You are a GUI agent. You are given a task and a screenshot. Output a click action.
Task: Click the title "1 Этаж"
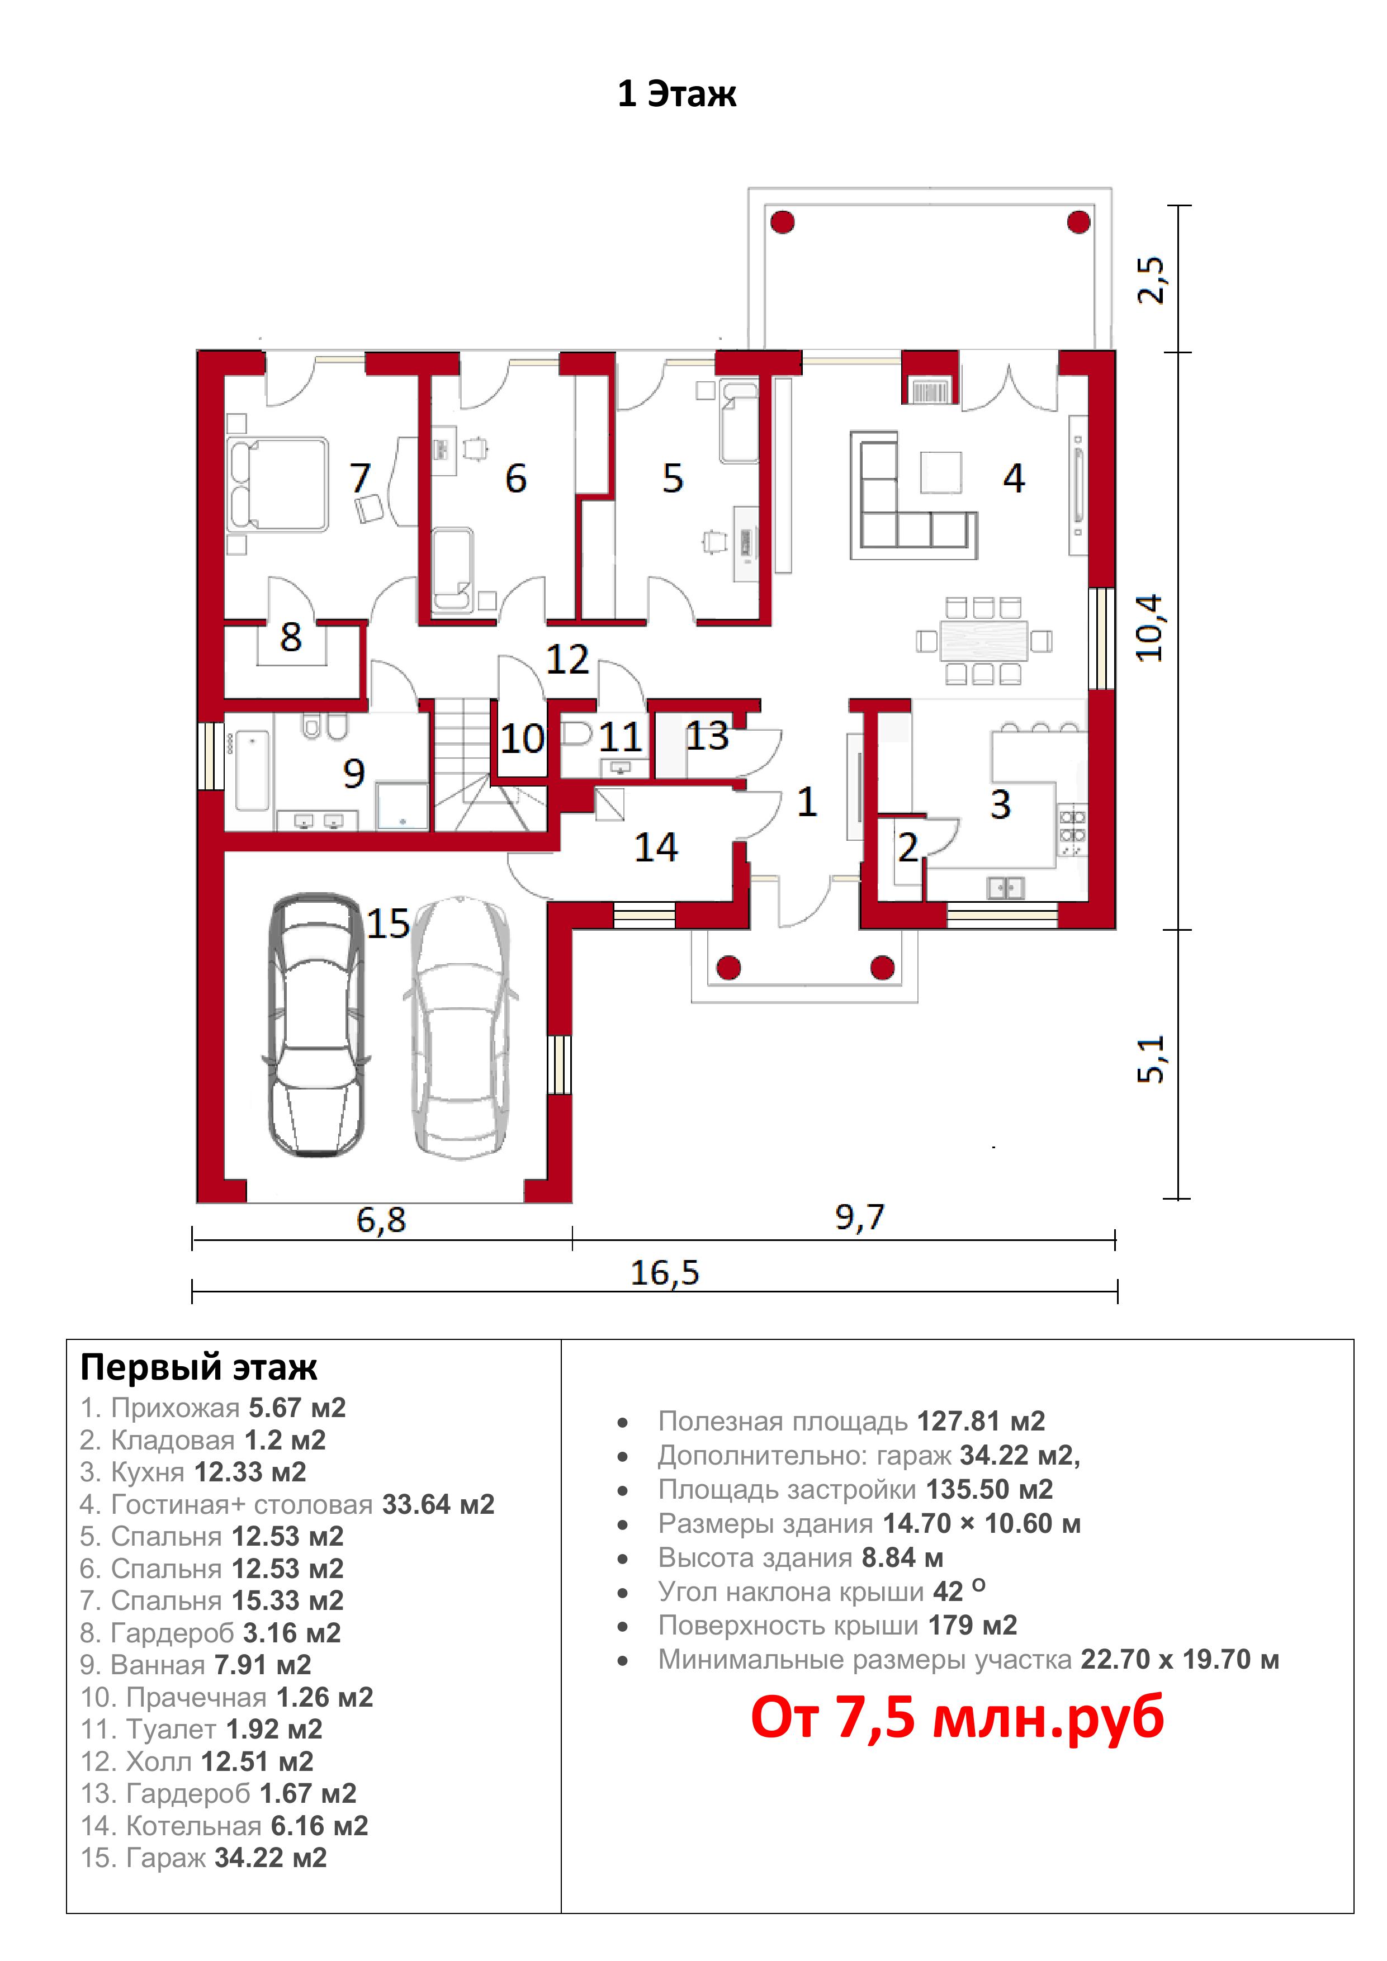tap(676, 93)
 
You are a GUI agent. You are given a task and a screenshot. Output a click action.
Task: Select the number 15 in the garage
tap(389, 923)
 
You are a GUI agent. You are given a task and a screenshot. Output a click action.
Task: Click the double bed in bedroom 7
tap(278, 484)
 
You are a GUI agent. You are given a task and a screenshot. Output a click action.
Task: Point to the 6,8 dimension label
tap(381, 1220)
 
